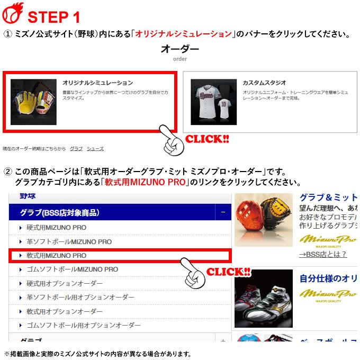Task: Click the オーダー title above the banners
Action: point(180,50)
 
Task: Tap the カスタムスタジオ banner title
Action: point(264,83)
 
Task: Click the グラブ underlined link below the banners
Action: point(76,149)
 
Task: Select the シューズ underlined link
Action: point(95,149)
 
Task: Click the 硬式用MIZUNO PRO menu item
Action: point(57,228)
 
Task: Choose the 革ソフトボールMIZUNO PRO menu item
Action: point(69,241)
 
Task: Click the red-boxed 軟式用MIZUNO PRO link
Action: point(57,255)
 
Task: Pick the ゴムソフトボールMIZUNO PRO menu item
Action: point(72,269)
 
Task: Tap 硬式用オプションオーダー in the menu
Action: point(65,283)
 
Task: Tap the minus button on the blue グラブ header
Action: point(223,213)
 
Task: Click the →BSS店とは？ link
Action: point(323,254)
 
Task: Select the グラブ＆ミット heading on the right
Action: point(327,197)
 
